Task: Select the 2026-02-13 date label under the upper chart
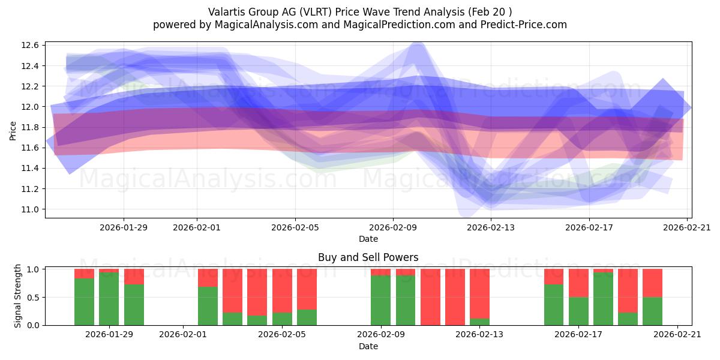pyautogui.click(x=491, y=227)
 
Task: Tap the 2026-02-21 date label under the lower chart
pyautogui.click(x=677, y=335)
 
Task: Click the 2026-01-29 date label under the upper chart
pyautogui.click(x=124, y=227)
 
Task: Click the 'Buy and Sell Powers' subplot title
pyautogui.click(x=368, y=257)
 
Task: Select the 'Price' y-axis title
pyautogui.click(x=13, y=130)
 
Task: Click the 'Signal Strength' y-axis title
pyautogui.click(x=18, y=296)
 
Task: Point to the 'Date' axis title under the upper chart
pyautogui.click(x=368, y=239)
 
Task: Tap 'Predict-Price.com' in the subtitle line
pyautogui.click(x=520, y=25)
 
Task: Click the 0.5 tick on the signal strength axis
pyautogui.click(x=33, y=297)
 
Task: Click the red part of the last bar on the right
pyautogui.click(x=652, y=283)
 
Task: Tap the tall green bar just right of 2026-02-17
pyautogui.click(x=603, y=298)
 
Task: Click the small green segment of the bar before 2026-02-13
pyautogui.click(x=479, y=322)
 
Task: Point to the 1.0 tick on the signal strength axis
pyautogui.click(x=33, y=269)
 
